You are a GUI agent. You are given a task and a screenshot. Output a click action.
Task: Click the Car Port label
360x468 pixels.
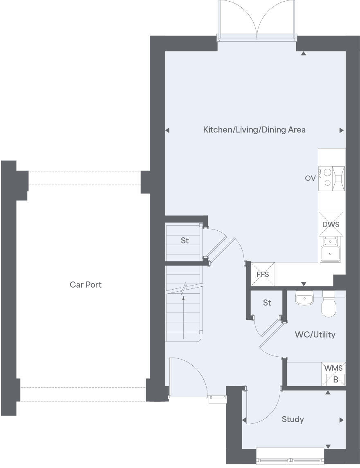85,285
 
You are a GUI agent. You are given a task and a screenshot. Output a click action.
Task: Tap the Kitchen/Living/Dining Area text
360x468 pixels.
254,130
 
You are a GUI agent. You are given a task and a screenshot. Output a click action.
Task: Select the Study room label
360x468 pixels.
292,419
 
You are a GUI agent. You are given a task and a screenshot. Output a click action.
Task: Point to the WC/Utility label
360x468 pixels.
315,335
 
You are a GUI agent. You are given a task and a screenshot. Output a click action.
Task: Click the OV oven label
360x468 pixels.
310,178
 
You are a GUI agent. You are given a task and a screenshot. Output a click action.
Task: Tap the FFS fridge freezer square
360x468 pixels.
263,274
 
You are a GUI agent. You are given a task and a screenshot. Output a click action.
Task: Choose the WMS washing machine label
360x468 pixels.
333,368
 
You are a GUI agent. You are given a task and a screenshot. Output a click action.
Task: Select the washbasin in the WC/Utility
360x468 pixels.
304,299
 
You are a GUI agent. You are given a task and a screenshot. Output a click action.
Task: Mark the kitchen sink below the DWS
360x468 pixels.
331,250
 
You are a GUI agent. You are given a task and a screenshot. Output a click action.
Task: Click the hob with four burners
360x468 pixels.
326,178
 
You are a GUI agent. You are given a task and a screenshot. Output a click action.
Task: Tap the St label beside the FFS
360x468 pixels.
267,303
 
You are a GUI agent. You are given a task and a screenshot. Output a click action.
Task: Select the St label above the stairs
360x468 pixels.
185,241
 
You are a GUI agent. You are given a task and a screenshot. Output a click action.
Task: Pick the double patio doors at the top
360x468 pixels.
257,20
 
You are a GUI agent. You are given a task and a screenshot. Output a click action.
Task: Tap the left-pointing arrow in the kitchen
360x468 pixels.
167,130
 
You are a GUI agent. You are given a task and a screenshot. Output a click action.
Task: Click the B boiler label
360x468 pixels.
335,380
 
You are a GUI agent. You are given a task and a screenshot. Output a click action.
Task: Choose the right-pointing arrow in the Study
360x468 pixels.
341,420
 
